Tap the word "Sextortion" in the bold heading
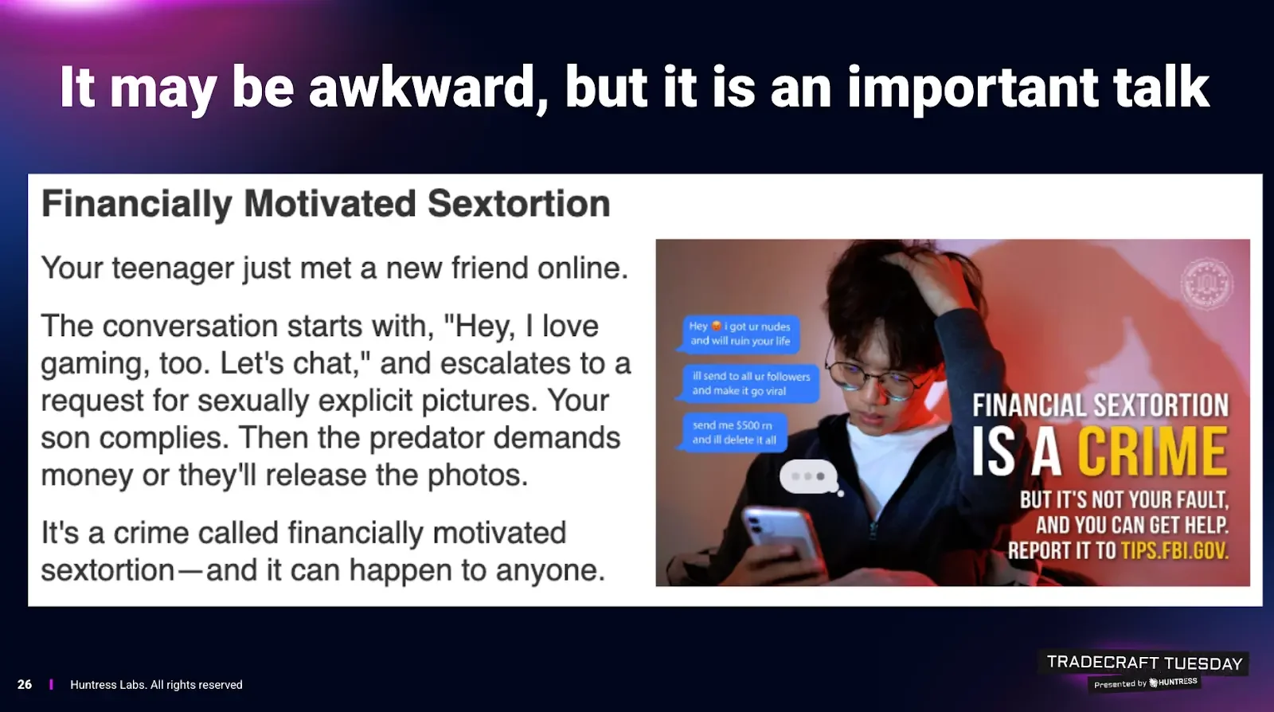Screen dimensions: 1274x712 click(518, 204)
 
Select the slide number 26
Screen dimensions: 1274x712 click(25, 685)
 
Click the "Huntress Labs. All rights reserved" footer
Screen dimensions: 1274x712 click(156, 685)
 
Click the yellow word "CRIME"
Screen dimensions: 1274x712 click(1152, 452)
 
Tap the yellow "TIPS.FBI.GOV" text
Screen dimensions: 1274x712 click(1174, 550)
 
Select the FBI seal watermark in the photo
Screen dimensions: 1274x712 click(1206, 284)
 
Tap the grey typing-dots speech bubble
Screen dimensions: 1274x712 click(810, 476)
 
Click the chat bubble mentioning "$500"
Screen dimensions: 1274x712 click(733, 432)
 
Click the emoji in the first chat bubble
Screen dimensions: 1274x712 click(717, 326)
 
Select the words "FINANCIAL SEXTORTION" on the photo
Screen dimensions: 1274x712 click(1100, 406)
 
